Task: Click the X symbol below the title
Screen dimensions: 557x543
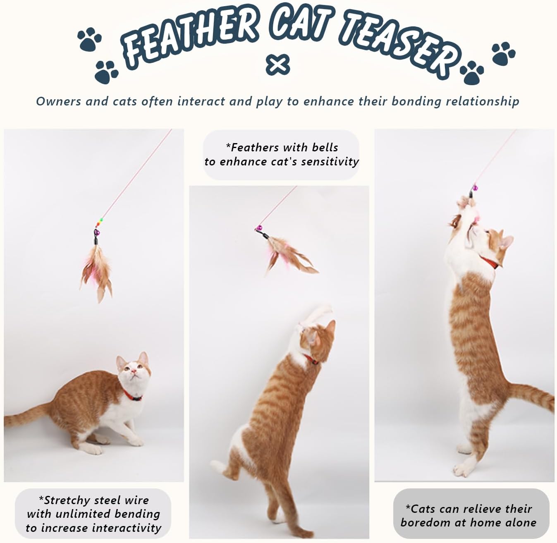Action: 277,65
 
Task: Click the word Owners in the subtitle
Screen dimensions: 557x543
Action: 58,101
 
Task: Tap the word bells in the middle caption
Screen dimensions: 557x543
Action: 325,147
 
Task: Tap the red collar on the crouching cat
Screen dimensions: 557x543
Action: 132,395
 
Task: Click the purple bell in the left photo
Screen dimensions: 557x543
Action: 97,232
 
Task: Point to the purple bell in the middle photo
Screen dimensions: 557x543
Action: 259,228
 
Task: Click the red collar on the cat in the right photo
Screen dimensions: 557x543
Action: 490,263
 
